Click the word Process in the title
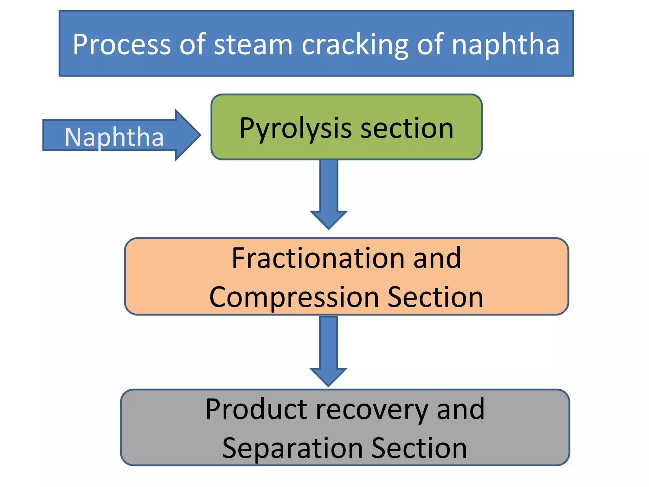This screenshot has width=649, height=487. [121, 44]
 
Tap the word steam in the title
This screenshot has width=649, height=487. [253, 44]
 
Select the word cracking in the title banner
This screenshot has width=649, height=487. [355, 44]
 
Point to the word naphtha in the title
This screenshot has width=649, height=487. [505, 44]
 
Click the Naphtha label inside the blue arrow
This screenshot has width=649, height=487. [114, 137]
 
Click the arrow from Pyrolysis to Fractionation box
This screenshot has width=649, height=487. [329, 193]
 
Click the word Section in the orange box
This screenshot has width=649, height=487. [435, 297]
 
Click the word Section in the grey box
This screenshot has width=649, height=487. [419, 448]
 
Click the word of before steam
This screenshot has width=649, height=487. [193, 44]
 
